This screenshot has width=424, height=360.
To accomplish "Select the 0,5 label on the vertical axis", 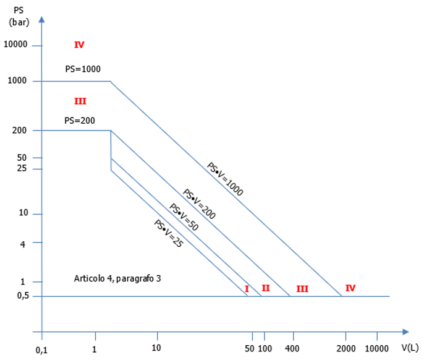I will tap(22, 296).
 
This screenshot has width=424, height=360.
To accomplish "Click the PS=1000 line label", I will tap(83, 69).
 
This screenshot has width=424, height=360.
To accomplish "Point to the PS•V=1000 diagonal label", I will tap(225, 179).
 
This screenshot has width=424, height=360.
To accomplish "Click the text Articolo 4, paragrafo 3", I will tap(117, 279).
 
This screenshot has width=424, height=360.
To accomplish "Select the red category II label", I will tap(266, 288).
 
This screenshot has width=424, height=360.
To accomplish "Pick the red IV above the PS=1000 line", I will tap(79, 45).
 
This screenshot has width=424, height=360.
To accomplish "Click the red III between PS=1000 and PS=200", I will tap(80, 101).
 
